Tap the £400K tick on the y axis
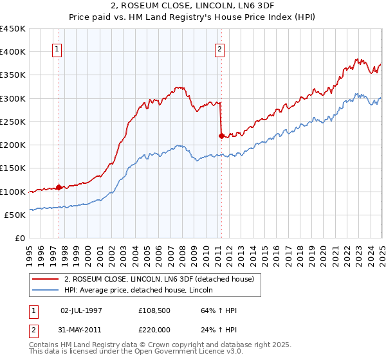point(13,52)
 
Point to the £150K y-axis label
point(13,168)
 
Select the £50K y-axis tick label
point(15,215)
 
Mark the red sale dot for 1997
point(59,188)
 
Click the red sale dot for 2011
point(221,136)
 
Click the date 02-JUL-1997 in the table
point(81,310)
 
